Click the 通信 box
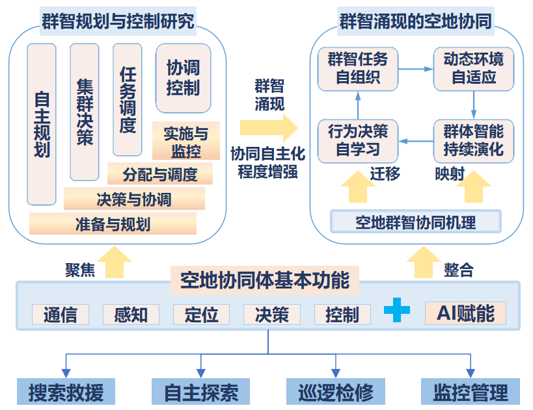pyautogui.click(x=60, y=314)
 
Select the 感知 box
pyautogui.click(x=131, y=314)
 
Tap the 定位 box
pyautogui.click(x=201, y=314)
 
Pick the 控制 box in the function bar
pyautogui.click(x=342, y=314)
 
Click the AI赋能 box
pyautogui.click(x=465, y=313)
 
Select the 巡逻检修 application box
pyautogui.click(x=336, y=392)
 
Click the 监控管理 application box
pyautogui.click(x=471, y=392)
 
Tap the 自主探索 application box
pyautogui.click(x=201, y=392)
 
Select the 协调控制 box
pyautogui.click(x=183, y=77)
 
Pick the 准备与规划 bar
pyautogui.click(x=113, y=224)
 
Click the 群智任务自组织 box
pyautogui.click(x=358, y=69)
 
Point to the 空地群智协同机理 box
pyautogui.click(x=415, y=222)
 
